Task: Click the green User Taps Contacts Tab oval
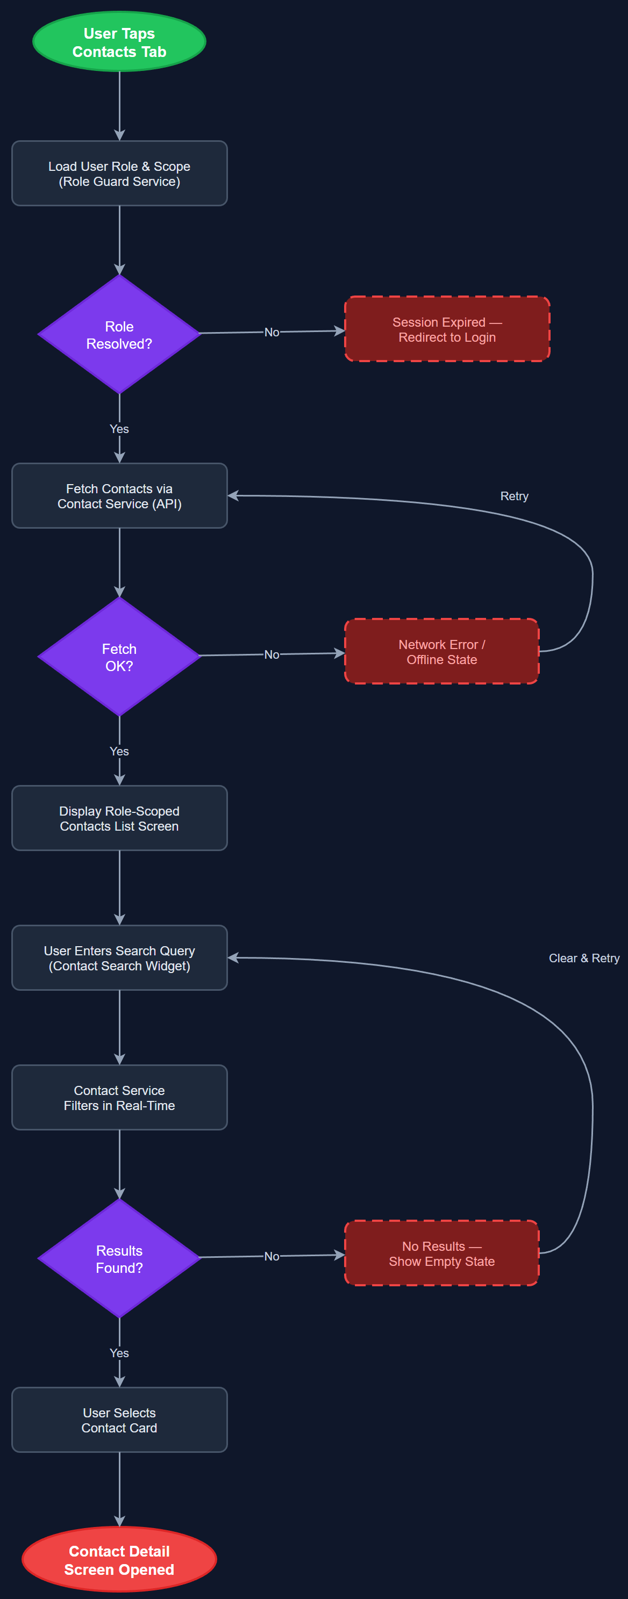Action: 119,42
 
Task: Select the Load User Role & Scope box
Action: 119,174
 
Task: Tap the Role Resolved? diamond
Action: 119,335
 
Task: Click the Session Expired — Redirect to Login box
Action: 447,329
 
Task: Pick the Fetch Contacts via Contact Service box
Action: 119,496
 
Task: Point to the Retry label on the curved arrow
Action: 513,496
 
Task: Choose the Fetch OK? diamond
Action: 119,657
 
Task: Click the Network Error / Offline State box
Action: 441,652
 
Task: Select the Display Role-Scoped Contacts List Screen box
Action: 119,818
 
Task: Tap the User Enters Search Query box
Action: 119,958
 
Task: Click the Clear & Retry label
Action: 583,958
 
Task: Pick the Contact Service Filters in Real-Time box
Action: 119,1098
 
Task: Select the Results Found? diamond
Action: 119,1258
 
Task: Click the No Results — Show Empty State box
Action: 441,1254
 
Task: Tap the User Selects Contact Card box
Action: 119,1420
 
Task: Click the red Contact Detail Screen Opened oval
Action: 119,1559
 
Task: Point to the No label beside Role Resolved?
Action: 272,332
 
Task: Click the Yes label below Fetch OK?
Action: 119,751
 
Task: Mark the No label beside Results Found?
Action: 272,1256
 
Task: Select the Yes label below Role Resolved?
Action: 119,429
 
